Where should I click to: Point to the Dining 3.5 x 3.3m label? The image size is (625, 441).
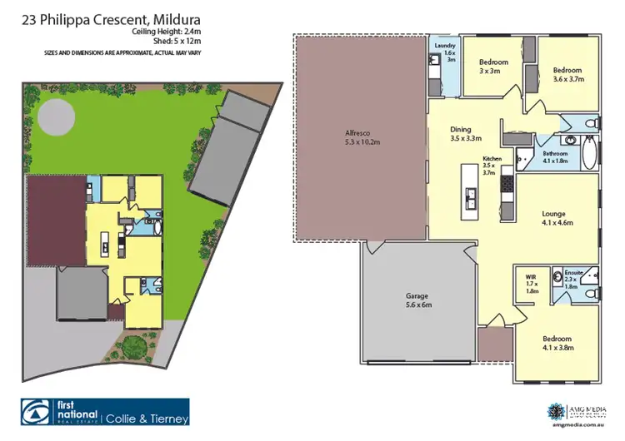[461, 134]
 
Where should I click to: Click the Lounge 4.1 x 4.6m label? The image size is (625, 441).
[558, 218]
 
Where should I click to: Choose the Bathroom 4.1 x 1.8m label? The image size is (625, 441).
[556, 158]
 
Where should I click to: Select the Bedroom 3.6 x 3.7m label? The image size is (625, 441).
[567, 75]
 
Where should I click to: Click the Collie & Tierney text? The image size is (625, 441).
[147, 418]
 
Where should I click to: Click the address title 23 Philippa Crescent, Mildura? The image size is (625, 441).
[116, 18]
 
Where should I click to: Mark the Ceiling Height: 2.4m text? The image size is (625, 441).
[166, 32]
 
